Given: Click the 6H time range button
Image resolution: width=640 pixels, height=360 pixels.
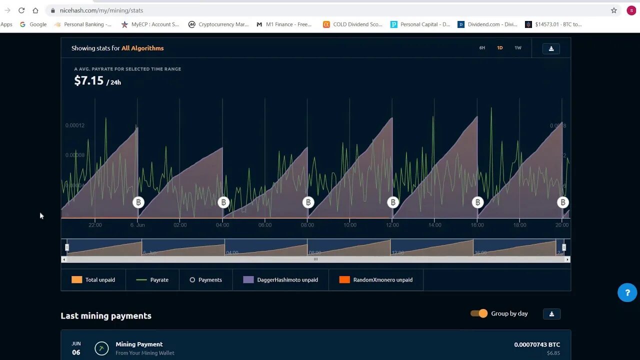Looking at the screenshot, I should pos(482,48).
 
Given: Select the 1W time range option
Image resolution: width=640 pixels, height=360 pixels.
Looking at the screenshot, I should pos(518,48).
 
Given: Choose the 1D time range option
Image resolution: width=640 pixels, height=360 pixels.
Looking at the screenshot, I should pos(500,48).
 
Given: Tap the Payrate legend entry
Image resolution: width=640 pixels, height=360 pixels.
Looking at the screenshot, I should pos(152,280).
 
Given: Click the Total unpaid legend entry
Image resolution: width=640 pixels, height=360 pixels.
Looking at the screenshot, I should pos(93,280).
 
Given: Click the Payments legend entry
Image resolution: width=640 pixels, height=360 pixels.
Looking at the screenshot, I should pos(205,280).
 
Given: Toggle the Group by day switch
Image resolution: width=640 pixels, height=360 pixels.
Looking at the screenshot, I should pos(479,313).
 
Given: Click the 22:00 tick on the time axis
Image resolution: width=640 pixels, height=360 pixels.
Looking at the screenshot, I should pos(95,225).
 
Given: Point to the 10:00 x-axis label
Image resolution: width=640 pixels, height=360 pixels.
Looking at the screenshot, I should pos(350,225).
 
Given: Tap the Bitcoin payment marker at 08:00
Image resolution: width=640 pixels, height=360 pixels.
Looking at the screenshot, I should pos(308,202).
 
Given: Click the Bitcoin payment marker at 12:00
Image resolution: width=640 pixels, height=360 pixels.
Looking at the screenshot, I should pos(393,202).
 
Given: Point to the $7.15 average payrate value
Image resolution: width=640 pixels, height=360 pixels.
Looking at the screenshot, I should pos(89,81).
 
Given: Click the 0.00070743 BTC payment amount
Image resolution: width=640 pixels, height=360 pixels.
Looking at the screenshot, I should pos(537,344).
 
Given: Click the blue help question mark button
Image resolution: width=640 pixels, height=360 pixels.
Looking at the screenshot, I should pos(627,292).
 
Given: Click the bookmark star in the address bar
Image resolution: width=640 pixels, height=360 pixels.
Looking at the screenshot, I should pos(614,10).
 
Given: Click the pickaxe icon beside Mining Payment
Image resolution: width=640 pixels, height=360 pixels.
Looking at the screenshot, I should pos(101,348).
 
